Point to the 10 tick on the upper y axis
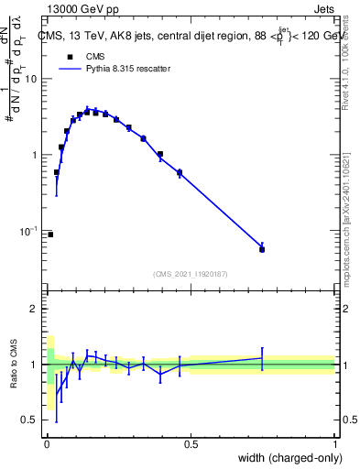click(32, 79)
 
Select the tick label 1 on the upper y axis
click(35, 155)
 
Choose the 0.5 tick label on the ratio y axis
click(30, 420)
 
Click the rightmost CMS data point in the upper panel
click(262, 249)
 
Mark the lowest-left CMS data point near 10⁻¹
click(49, 234)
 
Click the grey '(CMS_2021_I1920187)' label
click(191, 273)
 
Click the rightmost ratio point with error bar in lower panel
click(262, 358)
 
